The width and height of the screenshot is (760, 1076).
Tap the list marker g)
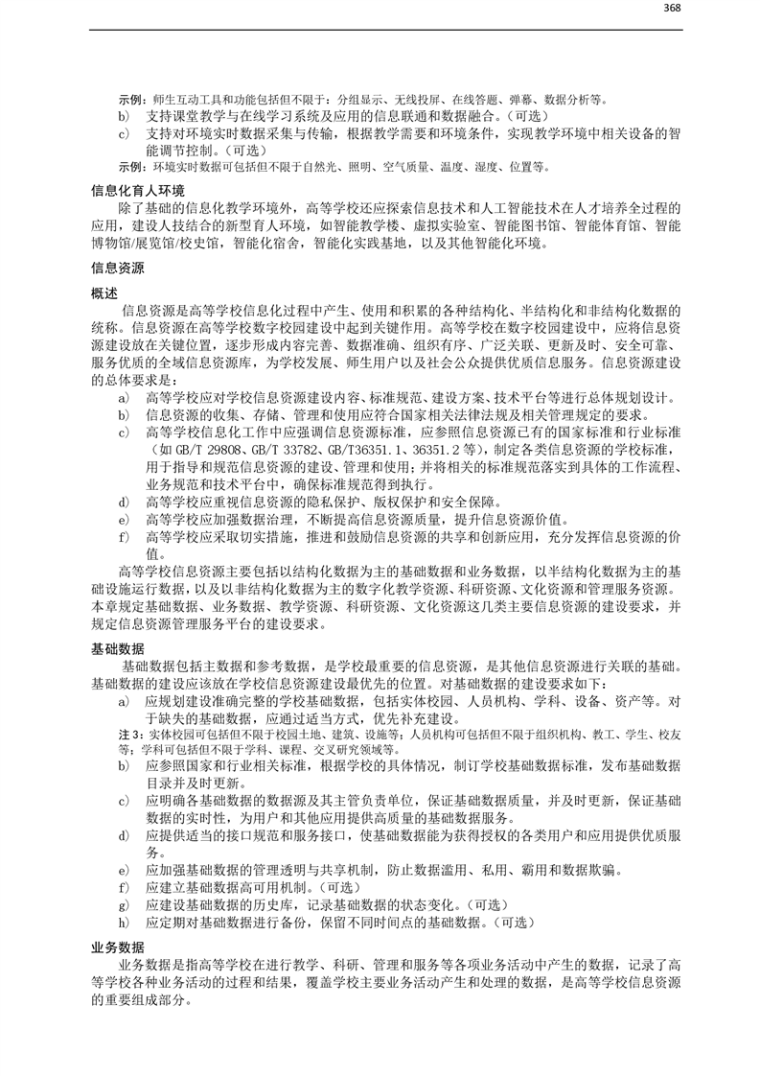pyautogui.click(x=123, y=904)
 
